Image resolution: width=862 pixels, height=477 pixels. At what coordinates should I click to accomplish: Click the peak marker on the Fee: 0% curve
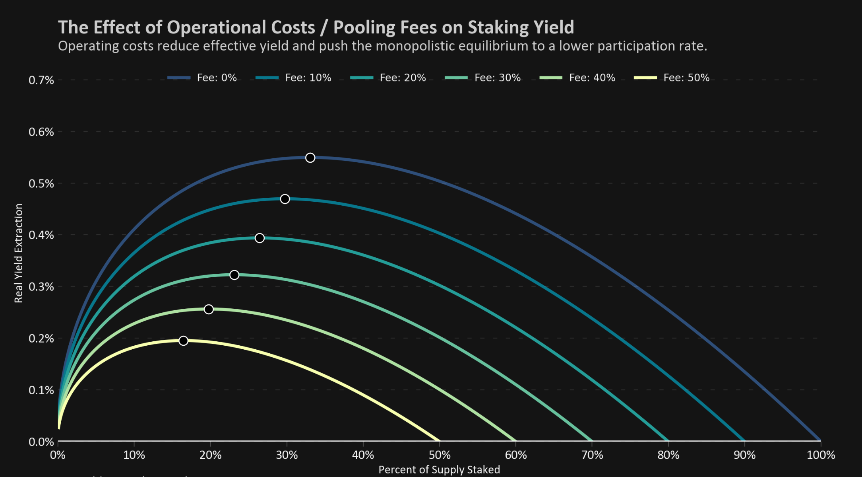pos(310,158)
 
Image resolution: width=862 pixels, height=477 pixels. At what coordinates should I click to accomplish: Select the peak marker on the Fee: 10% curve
pos(285,199)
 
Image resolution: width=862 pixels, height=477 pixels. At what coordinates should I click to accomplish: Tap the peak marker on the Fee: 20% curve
pos(260,238)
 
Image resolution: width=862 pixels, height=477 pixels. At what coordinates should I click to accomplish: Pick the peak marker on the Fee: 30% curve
pos(234,275)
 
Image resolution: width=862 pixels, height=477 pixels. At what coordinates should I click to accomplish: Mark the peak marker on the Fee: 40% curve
pos(209,309)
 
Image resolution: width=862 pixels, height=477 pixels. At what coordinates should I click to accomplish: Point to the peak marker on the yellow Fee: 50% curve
pos(183,341)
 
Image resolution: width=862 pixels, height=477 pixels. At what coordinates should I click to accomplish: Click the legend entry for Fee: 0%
pos(203,78)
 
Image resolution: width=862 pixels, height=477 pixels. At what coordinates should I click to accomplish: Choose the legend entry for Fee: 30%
pos(483,78)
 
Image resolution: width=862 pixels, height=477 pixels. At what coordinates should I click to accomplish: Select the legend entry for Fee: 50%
pos(672,78)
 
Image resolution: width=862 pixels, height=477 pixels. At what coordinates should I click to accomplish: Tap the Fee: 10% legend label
pos(308,78)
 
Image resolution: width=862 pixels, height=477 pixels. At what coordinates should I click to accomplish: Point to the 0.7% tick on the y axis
pos(41,80)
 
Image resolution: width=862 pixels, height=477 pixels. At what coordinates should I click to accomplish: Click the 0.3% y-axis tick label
pos(41,287)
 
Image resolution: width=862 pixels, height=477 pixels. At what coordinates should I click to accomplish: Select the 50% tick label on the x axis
pos(439,455)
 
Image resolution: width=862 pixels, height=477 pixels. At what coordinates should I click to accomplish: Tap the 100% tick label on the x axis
pos(821,455)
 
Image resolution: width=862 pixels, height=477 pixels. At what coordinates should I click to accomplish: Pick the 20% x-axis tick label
pos(210,455)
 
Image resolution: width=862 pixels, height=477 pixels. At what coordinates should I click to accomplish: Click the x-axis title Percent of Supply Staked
pos(439,470)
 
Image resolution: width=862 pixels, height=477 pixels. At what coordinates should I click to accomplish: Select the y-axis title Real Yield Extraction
pos(19,253)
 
